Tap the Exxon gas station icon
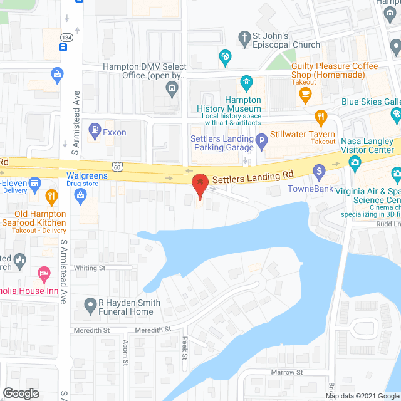point(95,132)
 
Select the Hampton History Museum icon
point(247,83)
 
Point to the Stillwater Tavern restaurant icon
point(321,117)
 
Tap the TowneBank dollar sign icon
point(319,170)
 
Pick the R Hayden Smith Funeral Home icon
point(90,307)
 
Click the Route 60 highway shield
point(117,166)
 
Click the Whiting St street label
point(90,268)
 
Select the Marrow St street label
point(286,372)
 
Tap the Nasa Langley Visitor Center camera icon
point(355,165)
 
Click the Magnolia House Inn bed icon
point(44,273)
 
